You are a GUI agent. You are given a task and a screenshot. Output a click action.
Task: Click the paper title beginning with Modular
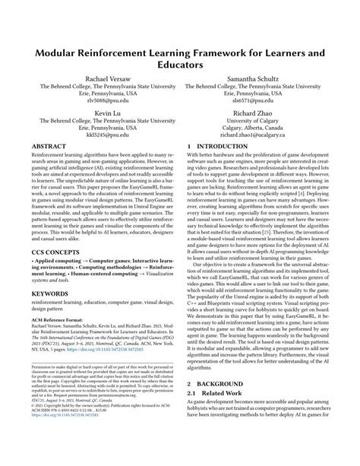[x=179, y=59]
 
